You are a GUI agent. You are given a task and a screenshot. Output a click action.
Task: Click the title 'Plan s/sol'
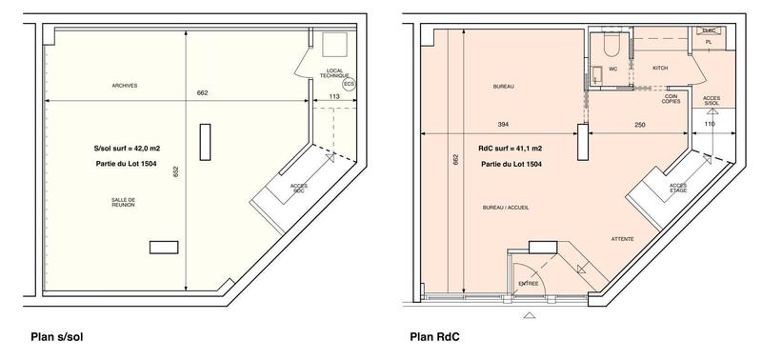pyautogui.click(x=60, y=336)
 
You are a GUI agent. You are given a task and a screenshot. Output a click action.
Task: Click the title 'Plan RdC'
pyautogui.click(x=434, y=336)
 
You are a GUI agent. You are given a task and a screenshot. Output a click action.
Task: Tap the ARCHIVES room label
pyautogui.click(x=125, y=86)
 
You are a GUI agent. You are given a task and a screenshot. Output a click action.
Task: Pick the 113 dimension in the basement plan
pyautogui.click(x=335, y=96)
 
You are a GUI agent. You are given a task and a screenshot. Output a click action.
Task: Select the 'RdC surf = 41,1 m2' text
pyautogui.click(x=510, y=149)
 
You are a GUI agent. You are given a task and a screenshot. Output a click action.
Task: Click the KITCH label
pyautogui.click(x=660, y=69)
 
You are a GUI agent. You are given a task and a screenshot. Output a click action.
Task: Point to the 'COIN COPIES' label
pyautogui.click(x=672, y=98)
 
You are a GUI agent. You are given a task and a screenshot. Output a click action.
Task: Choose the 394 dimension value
pyautogui.click(x=506, y=125)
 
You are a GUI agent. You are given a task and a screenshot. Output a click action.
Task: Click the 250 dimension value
pyautogui.click(x=639, y=125)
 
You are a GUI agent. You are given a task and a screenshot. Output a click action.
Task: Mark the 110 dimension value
pyautogui.click(x=709, y=125)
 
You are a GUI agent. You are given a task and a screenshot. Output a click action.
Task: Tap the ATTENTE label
pyautogui.click(x=623, y=238)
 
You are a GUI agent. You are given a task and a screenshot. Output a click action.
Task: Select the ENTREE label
pyautogui.click(x=528, y=283)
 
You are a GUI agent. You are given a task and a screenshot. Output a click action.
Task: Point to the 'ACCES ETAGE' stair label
pyautogui.click(x=678, y=188)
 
